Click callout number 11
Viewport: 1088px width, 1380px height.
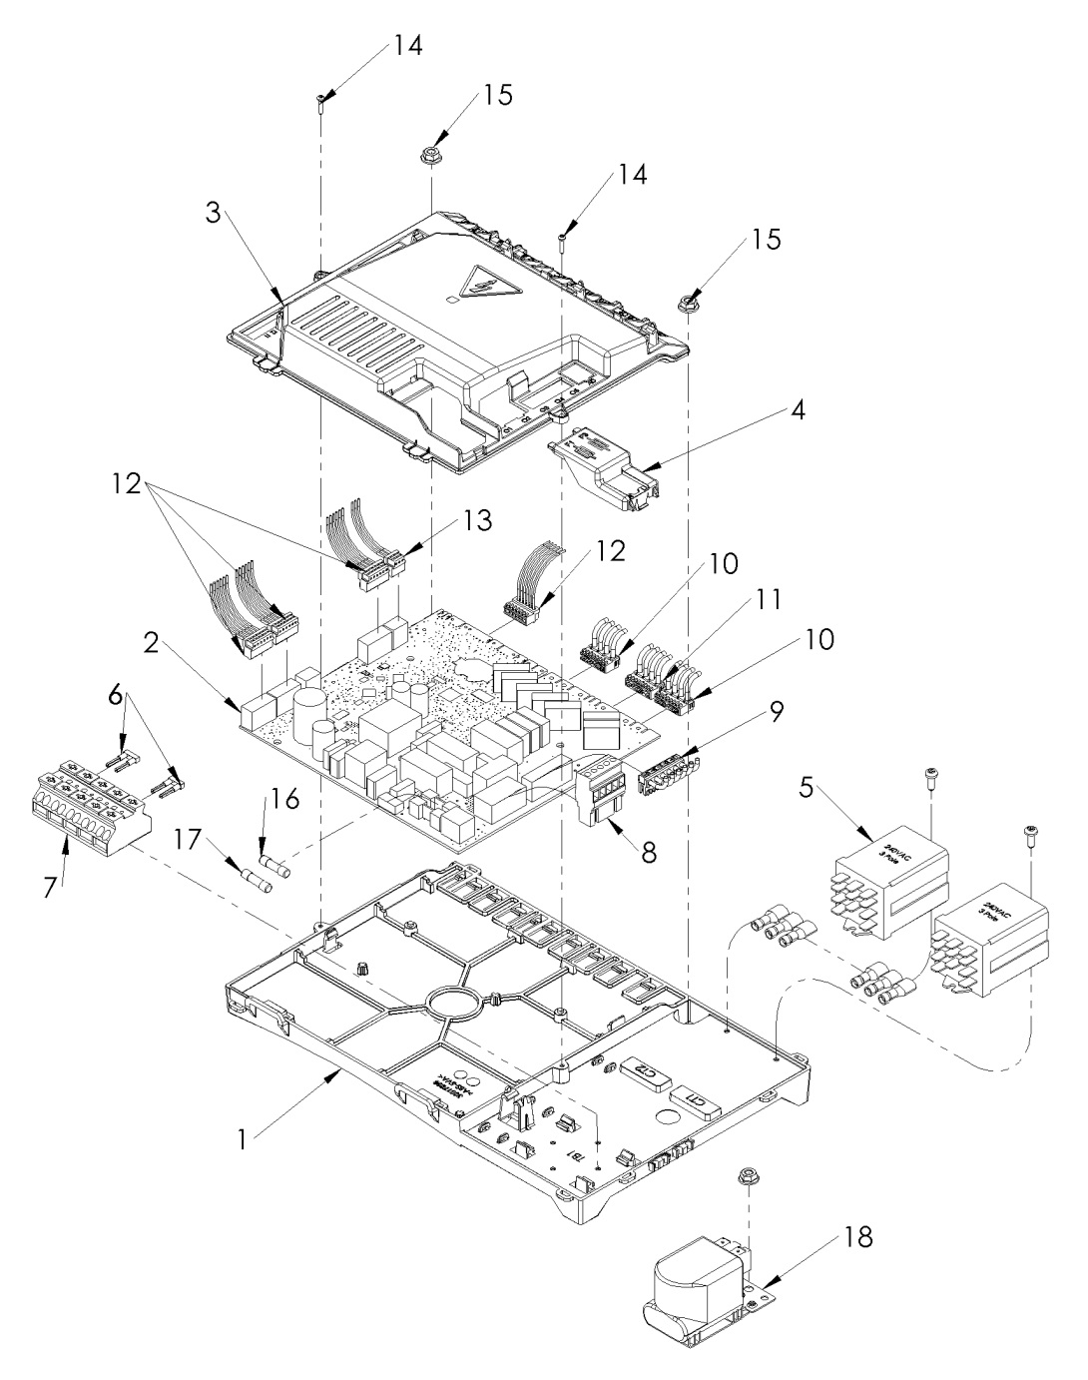767,599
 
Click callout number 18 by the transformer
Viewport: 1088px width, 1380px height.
857,1238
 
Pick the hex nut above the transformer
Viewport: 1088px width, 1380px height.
745,1175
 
